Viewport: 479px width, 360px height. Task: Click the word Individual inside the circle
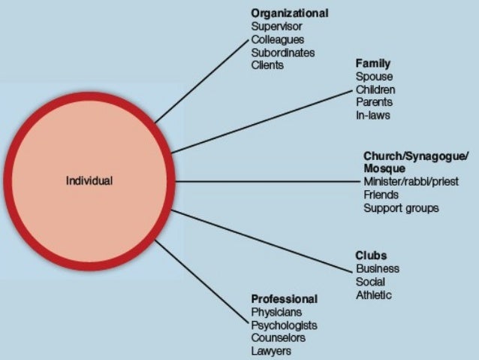(x=89, y=181)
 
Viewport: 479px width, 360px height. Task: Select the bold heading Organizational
(x=289, y=14)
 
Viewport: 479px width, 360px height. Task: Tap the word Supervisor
(x=276, y=27)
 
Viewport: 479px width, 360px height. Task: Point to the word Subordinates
(x=283, y=53)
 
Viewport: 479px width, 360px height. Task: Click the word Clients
(x=267, y=65)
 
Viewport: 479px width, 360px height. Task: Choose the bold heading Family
(x=373, y=63)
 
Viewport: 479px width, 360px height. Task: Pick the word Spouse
(x=374, y=77)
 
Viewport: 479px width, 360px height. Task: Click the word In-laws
(x=373, y=116)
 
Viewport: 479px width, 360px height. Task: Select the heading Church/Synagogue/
(x=415, y=156)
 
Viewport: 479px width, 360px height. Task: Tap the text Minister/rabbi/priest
(x=410, y=182)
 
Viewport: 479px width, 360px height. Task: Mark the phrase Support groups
(x=401, y=207)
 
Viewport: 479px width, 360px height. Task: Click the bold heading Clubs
(x=371, y=255)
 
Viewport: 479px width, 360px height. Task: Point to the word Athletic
(x=373, y=295)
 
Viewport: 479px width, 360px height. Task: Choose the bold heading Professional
(x=284, y=298)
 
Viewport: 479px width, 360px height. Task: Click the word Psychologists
(x=284, y=325)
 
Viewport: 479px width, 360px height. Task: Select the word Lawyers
(x=271, y=351)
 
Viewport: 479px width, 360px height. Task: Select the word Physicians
(x=277, y=312)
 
